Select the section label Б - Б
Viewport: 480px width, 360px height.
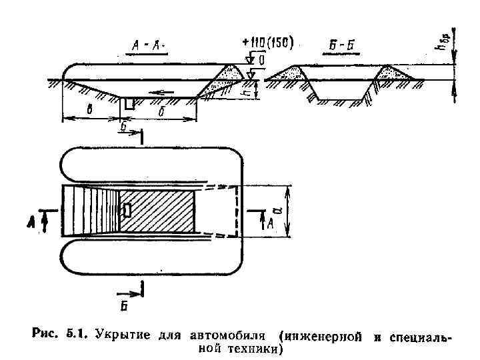point(342,45)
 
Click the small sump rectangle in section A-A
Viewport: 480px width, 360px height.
point(129,104)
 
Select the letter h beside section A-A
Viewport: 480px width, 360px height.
point(247,96)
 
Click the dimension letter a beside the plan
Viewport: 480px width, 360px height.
point(297,211)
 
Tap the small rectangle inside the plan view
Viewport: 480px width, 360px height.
point(127,210)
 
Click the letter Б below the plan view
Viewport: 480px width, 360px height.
point(123,306)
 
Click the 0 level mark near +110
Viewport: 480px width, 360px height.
point(261,60)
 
